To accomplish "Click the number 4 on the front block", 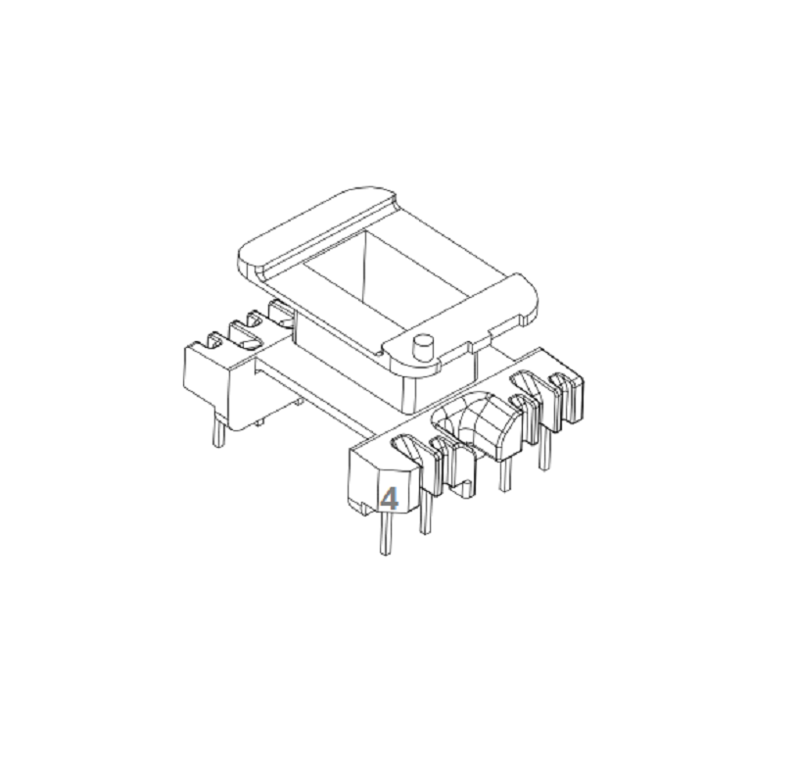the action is [390, 499].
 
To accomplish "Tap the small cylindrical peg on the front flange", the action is [421, 346].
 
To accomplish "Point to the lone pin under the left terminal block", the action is [219, 431].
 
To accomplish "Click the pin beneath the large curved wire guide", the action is [504, 474].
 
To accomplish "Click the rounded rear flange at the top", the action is [315, 228].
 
